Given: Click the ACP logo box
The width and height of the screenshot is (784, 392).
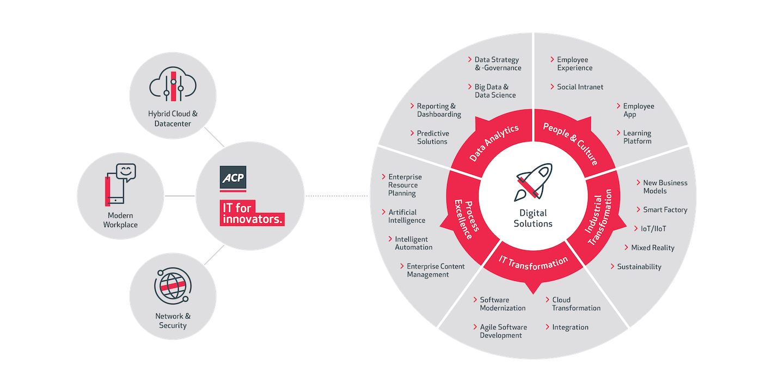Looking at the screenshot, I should [x=233, y=178].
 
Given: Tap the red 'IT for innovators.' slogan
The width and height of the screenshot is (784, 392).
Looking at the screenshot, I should [x=252, y=213].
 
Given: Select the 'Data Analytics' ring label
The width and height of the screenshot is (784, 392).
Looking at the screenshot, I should [x=494, y=143].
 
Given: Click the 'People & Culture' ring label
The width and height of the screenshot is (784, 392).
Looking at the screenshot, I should [x=571, y=144].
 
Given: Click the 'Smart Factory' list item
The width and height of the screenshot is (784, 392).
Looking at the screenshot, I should [x=665, y=210].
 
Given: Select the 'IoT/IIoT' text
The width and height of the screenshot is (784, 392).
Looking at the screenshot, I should [x=654, y=229].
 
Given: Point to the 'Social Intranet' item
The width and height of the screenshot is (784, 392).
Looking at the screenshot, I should [x=580, y=87].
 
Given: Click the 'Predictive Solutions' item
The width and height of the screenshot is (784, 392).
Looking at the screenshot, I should [x=432, y=137].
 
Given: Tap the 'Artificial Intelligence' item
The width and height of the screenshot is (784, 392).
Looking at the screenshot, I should [x=406, y=216].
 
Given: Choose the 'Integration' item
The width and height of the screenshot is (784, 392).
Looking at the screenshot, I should [x=570, y=327].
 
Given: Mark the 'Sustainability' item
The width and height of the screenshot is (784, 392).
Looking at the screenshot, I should [x=639, y=267].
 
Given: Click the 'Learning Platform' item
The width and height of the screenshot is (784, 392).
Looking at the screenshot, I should [x=636, y=137].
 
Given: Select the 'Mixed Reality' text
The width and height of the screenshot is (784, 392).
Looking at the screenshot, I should [x=652, y=248].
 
